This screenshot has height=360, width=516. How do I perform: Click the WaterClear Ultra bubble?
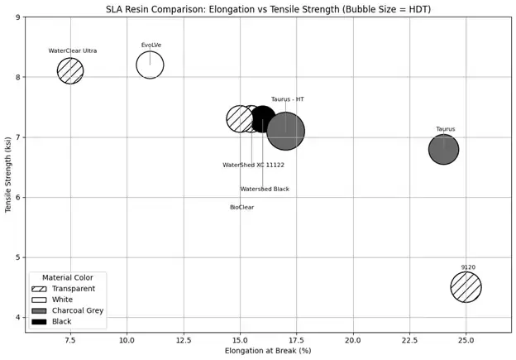tap(70, 71)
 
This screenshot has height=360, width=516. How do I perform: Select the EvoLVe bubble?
tap(150, 65)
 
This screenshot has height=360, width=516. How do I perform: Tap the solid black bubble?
tap(264, 118)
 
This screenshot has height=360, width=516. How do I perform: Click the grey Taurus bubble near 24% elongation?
tap(443, 150)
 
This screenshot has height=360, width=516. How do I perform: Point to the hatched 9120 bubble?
tap(466, 287)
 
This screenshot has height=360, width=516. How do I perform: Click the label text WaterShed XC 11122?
tap(253, 166)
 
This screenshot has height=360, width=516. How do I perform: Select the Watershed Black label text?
tap(265, 190)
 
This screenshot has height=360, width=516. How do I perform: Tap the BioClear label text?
tap(241, 208)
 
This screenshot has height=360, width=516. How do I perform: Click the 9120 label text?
tap(468, 267)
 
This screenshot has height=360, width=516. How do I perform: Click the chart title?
tap(268, 9)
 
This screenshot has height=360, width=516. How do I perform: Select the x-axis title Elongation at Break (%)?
tap(268, 351)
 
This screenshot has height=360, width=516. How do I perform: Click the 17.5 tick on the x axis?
tap(296, 339)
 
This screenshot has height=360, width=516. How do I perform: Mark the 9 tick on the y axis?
tap(18, 17)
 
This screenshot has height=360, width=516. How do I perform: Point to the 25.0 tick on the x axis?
tap(466, 339)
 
